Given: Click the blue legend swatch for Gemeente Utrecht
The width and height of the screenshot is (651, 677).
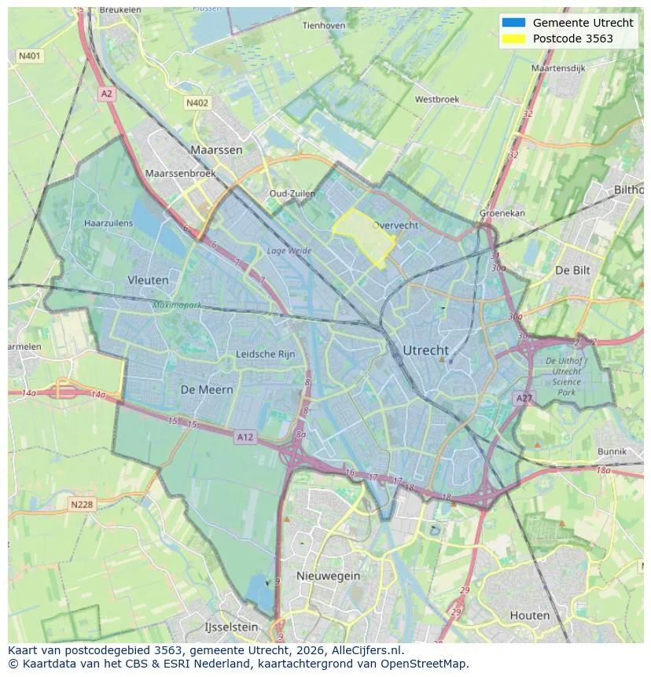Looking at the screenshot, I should pyautogui.click(x=513, y=23).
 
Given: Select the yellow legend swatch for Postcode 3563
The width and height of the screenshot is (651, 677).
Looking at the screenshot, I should pyautogui.click(x=513, y=39).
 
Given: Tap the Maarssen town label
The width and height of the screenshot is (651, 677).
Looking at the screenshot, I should pyautogui.click(x=216, y=149).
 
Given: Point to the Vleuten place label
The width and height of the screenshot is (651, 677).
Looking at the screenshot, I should pyautogui.click(x=148, y=280).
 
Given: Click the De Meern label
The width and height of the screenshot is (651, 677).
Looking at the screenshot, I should pyautogui.click(x=207, y=389).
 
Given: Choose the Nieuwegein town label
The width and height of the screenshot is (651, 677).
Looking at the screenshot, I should pyautogui.click(x=328, y=576).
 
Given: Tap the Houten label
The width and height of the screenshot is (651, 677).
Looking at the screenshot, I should pyautogui.click(x=529, y=615).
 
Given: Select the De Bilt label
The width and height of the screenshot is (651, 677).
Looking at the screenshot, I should pyautogui.click(x=572, y=270).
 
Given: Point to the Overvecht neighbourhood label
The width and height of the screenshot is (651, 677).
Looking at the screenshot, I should pyautogui.click(x=395, y=225).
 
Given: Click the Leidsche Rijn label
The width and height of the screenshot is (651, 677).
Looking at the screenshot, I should pyautogui.click(x=266, y=355).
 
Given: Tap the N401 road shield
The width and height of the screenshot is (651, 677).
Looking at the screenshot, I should pyautogui.click(x=29, y=56).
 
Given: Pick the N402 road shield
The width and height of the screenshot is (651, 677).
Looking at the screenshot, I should pyautogui.click(x=197, y=103).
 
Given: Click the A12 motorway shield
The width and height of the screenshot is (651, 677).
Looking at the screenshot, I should pyautogui.click(x=245, y=437).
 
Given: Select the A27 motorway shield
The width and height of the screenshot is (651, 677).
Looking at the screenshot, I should pyautogui.click(x=524, y=399).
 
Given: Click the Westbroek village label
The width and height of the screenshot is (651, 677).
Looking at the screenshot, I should pyautogui.click(x=436, y=100).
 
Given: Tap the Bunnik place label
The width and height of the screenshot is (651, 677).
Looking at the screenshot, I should pyautogui.click(x=612, y=451).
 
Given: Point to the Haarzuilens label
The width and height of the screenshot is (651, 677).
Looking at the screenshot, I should pyautogui.click(x=108, y=223).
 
